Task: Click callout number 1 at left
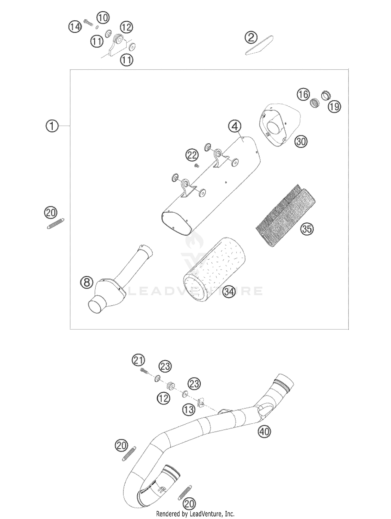click(52, 126)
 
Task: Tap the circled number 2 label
click(251, 38)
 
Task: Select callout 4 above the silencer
click(235, 127)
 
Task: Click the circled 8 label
click(87, 282)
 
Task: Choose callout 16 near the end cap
click(303, 94)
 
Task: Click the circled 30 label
click(301, 142)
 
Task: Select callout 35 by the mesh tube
click(307, 229)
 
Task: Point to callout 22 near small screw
click(192, 156)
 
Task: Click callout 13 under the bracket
click(188, 410)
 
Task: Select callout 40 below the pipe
click(264, 432)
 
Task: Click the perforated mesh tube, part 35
click(285, 216)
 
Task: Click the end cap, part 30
click(278, 125)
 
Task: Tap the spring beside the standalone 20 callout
click(56, 224)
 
